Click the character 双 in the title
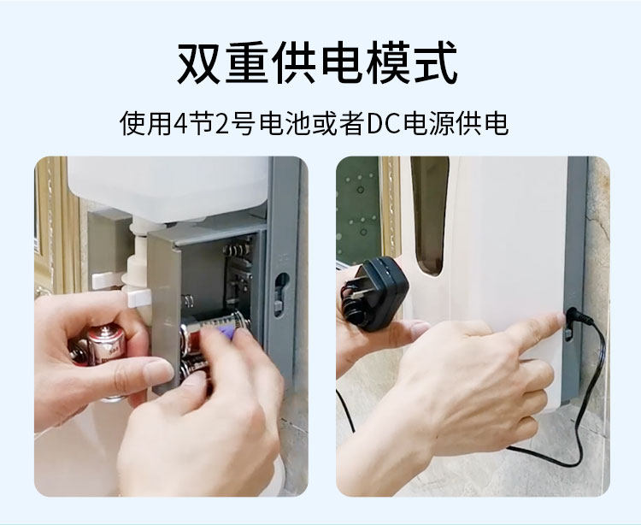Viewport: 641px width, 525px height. (x=199, y=63)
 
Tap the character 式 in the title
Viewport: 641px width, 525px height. (x=434, y=63)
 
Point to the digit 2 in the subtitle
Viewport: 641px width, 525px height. (x=222, y=123)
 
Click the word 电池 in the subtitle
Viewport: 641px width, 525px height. (x=285, y=123)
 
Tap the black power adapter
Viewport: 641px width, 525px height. (x=374, y=292)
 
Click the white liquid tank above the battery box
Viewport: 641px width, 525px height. (x=168, y=188)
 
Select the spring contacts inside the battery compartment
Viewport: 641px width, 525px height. (x=236, y=251)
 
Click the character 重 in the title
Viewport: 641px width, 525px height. (x=246, y=63)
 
